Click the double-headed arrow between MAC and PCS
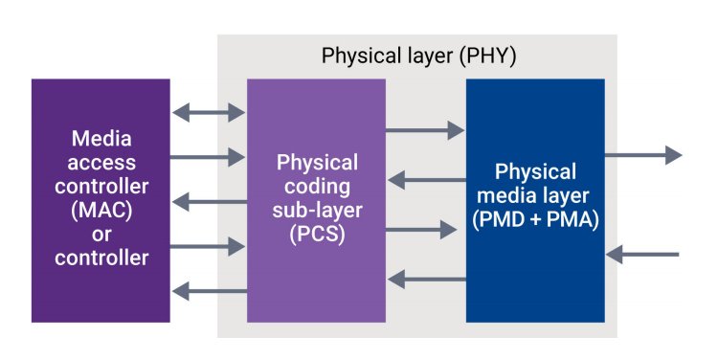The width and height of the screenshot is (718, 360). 208,113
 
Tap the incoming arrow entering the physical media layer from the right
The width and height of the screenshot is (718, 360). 643,255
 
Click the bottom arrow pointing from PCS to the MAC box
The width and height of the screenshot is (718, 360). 208,291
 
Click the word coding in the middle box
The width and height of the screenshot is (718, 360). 316,189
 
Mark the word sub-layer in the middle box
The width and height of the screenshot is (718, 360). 316,212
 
